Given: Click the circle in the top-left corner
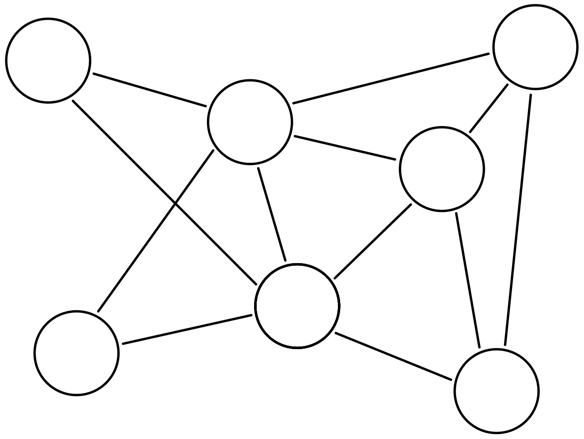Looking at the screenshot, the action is tap(48, 60).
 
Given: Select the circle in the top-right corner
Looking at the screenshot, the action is tap(535, 47).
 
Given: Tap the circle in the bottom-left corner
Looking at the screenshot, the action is tap(76, 353).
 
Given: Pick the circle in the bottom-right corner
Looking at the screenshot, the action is tap(496, 391).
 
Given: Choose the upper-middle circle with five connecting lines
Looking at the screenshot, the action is tap(250, 122).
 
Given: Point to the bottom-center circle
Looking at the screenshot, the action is tap(297, 306).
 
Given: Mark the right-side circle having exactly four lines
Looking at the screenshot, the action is tap(442, 169).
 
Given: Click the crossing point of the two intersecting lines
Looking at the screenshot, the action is tap(176, 204).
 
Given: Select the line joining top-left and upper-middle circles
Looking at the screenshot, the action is tap(150, 90).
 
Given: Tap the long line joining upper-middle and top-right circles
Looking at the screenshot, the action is tap(391, 78).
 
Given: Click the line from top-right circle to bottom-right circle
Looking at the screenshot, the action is tap(518, 219).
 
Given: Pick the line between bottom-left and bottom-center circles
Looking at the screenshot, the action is tap(187, 329).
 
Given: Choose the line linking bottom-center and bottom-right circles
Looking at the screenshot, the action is tap(393, 356).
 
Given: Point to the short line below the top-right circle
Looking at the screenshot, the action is tap(489, 108).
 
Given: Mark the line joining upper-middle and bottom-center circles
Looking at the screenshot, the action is tap(272, 214).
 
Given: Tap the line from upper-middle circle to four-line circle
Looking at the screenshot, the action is tap(344, 147).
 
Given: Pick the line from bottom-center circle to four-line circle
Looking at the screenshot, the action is tap(373, 242).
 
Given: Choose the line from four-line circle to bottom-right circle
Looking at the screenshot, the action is tap(468, 280).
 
